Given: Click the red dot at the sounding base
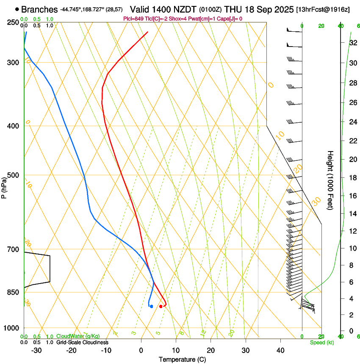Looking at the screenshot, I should point(161,306).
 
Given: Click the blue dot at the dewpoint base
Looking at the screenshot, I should point(151,306).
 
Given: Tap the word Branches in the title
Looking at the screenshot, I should point(39,9).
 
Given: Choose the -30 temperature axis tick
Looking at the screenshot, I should point(36,350).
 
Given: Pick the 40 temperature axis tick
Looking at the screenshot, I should point(280,350).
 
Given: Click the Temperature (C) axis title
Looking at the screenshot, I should point(182,359).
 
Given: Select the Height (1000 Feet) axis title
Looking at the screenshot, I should point(330,180).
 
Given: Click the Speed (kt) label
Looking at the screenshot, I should point(321,342).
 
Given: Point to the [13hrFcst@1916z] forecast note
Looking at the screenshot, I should point(323,10).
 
